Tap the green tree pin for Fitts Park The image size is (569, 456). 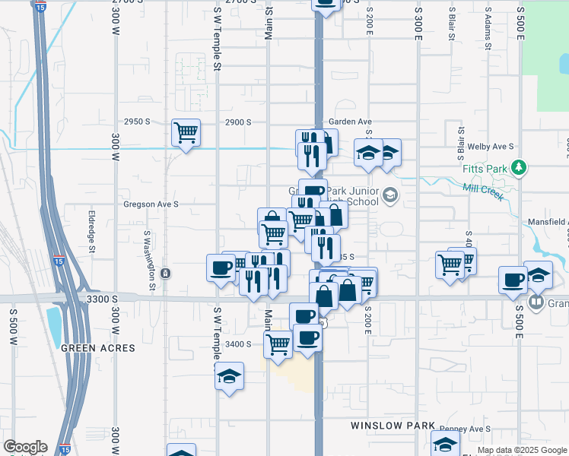pyautogui.click(x=519, y=166)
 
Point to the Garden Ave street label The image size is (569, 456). pyautogui.click(x=350, y=122)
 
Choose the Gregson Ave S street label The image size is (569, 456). pyautogui.click(x=151, y=204)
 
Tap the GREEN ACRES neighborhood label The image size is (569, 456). pyautogui.click(x=97, y=348)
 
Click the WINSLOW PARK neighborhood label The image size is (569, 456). pyautogui.click(x=393, y=426)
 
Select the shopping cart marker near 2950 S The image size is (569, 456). pyautogui.click(x=186, y=133)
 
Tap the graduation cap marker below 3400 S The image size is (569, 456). pyautogui.click(x=229, y=375)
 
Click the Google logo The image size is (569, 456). pyautogui.click(x=25, y=447)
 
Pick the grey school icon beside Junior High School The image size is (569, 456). pyautogui.click(x=390, y=196)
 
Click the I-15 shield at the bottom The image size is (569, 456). pyautogui.click(x=66, y=450)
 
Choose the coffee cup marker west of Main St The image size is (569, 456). pyautogui.click(x=221, y=268)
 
